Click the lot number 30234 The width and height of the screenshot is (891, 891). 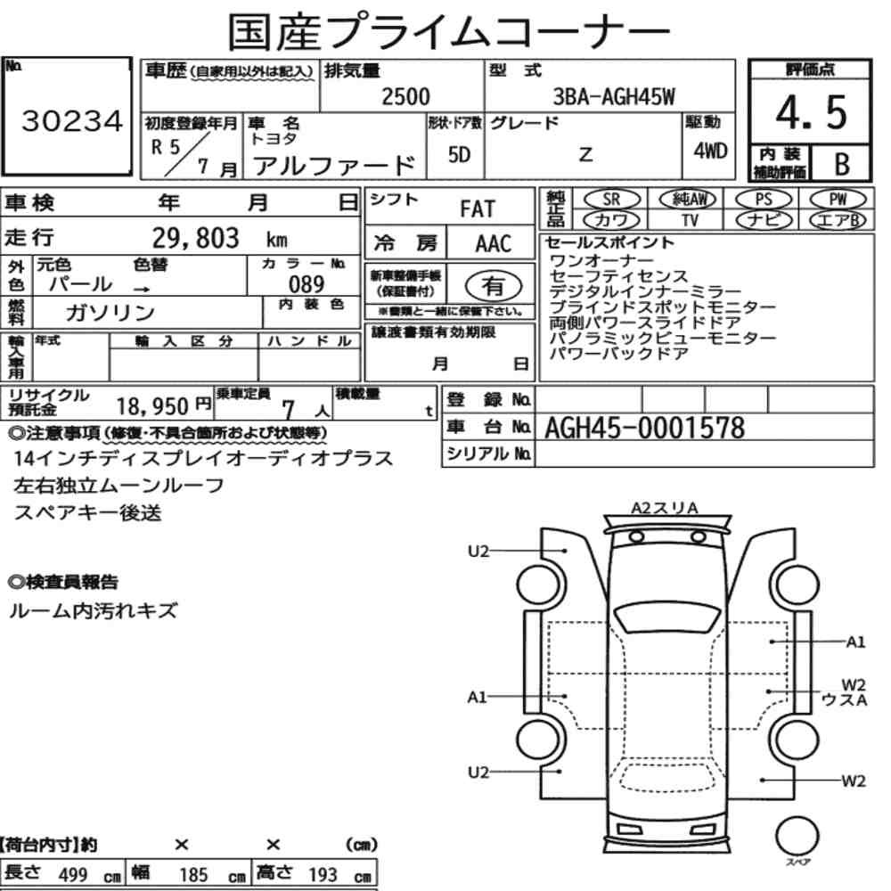coord(72,121)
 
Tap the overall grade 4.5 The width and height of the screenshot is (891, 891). coord(811,112)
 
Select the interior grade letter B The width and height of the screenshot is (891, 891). coord(842,164)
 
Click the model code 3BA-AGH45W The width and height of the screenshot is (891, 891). coord(614,97)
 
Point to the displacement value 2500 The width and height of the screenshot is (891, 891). coord(405,96)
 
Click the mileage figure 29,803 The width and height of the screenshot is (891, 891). coord(195,238)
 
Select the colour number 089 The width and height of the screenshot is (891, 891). coord(307,284)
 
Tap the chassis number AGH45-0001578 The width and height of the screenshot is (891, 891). coord(644,428)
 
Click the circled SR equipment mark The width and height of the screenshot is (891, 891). coord(611,199)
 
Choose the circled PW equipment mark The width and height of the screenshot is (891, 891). coord(838,199)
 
